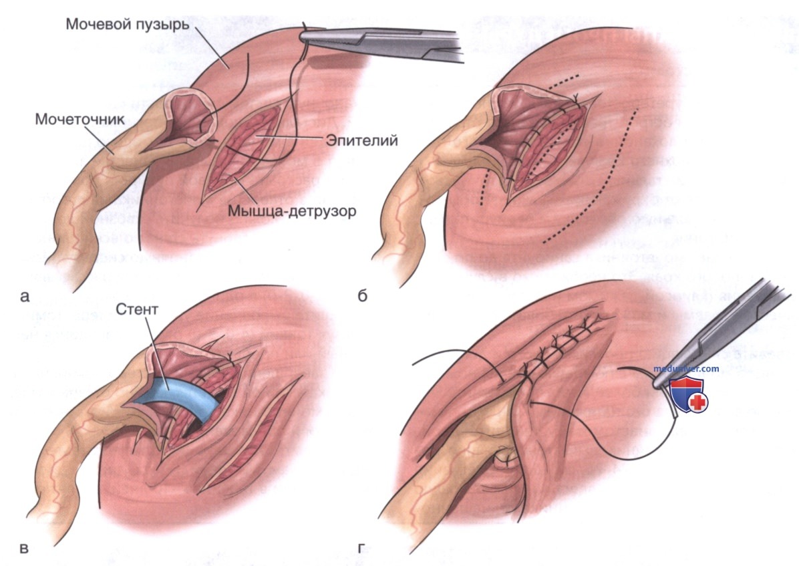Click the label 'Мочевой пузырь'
pyautogui.click(x=128, y=24)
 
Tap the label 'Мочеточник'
pyautogui.click(x=79, y=120)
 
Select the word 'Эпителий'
pyautogui.click(x=361, y=141)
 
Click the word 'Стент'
pyautogui.click(x=137, y=309)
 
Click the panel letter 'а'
pyautogui.click(x=25, y=296)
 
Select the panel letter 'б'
pyautogui.click(x=362, y=295)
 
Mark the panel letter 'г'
pyautogui.click(x=361, y=549)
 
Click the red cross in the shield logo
pyautogui.click(x=698, y=403)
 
